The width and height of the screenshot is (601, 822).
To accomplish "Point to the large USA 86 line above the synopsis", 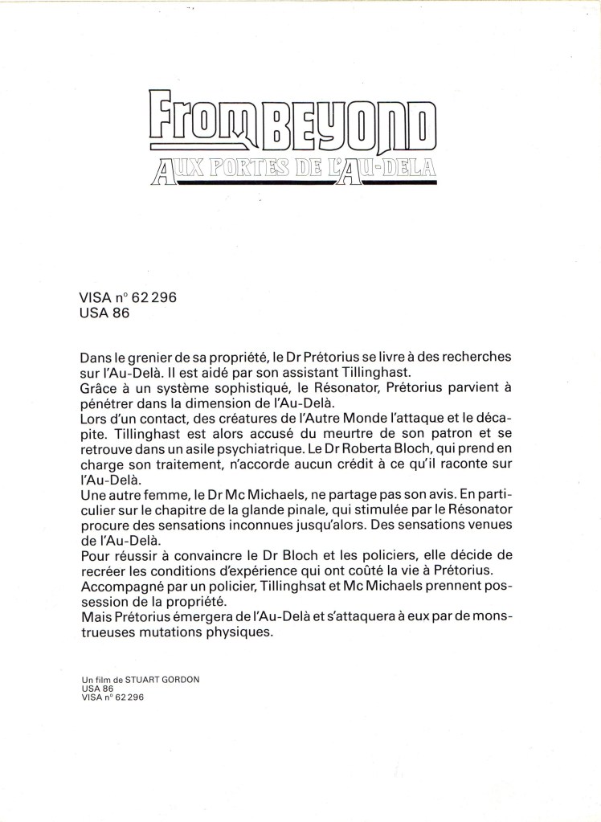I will pyautogui.click(x=104, y=313).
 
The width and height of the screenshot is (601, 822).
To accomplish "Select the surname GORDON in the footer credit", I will pyautogui.click(x=181, y=679).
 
